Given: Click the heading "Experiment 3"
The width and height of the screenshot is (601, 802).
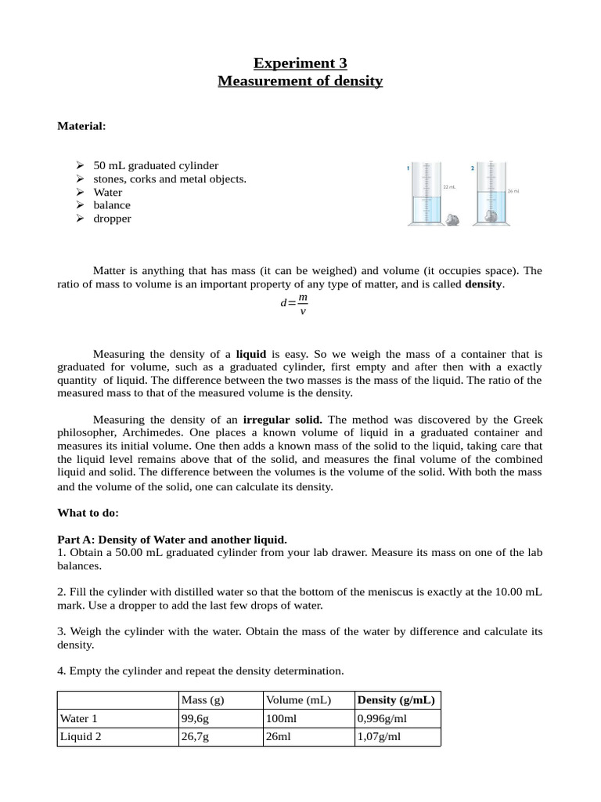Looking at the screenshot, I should point(300,63).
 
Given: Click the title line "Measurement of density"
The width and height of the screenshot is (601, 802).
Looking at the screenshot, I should point(300,81).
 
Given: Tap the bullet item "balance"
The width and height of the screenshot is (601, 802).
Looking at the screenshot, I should point(112,205).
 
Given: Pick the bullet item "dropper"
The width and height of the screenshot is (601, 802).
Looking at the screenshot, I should point(112,219).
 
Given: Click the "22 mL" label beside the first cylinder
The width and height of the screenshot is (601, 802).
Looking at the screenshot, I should point(449,187).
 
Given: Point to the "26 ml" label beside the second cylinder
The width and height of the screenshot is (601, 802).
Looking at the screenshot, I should point(513,191).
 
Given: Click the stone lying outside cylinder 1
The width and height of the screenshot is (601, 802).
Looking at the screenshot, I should point(452,220).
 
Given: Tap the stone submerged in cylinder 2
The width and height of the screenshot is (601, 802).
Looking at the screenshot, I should point(491,215).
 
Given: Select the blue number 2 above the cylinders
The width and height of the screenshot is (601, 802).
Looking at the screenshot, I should point(473,168).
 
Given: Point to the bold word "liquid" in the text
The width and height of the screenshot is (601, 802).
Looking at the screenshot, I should point(251,354).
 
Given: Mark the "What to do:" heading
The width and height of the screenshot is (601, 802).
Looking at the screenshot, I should point(88,513).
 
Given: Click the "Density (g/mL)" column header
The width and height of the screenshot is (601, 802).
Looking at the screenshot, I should point(396,699).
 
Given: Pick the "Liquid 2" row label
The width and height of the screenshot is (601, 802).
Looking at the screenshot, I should point(80,737).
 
